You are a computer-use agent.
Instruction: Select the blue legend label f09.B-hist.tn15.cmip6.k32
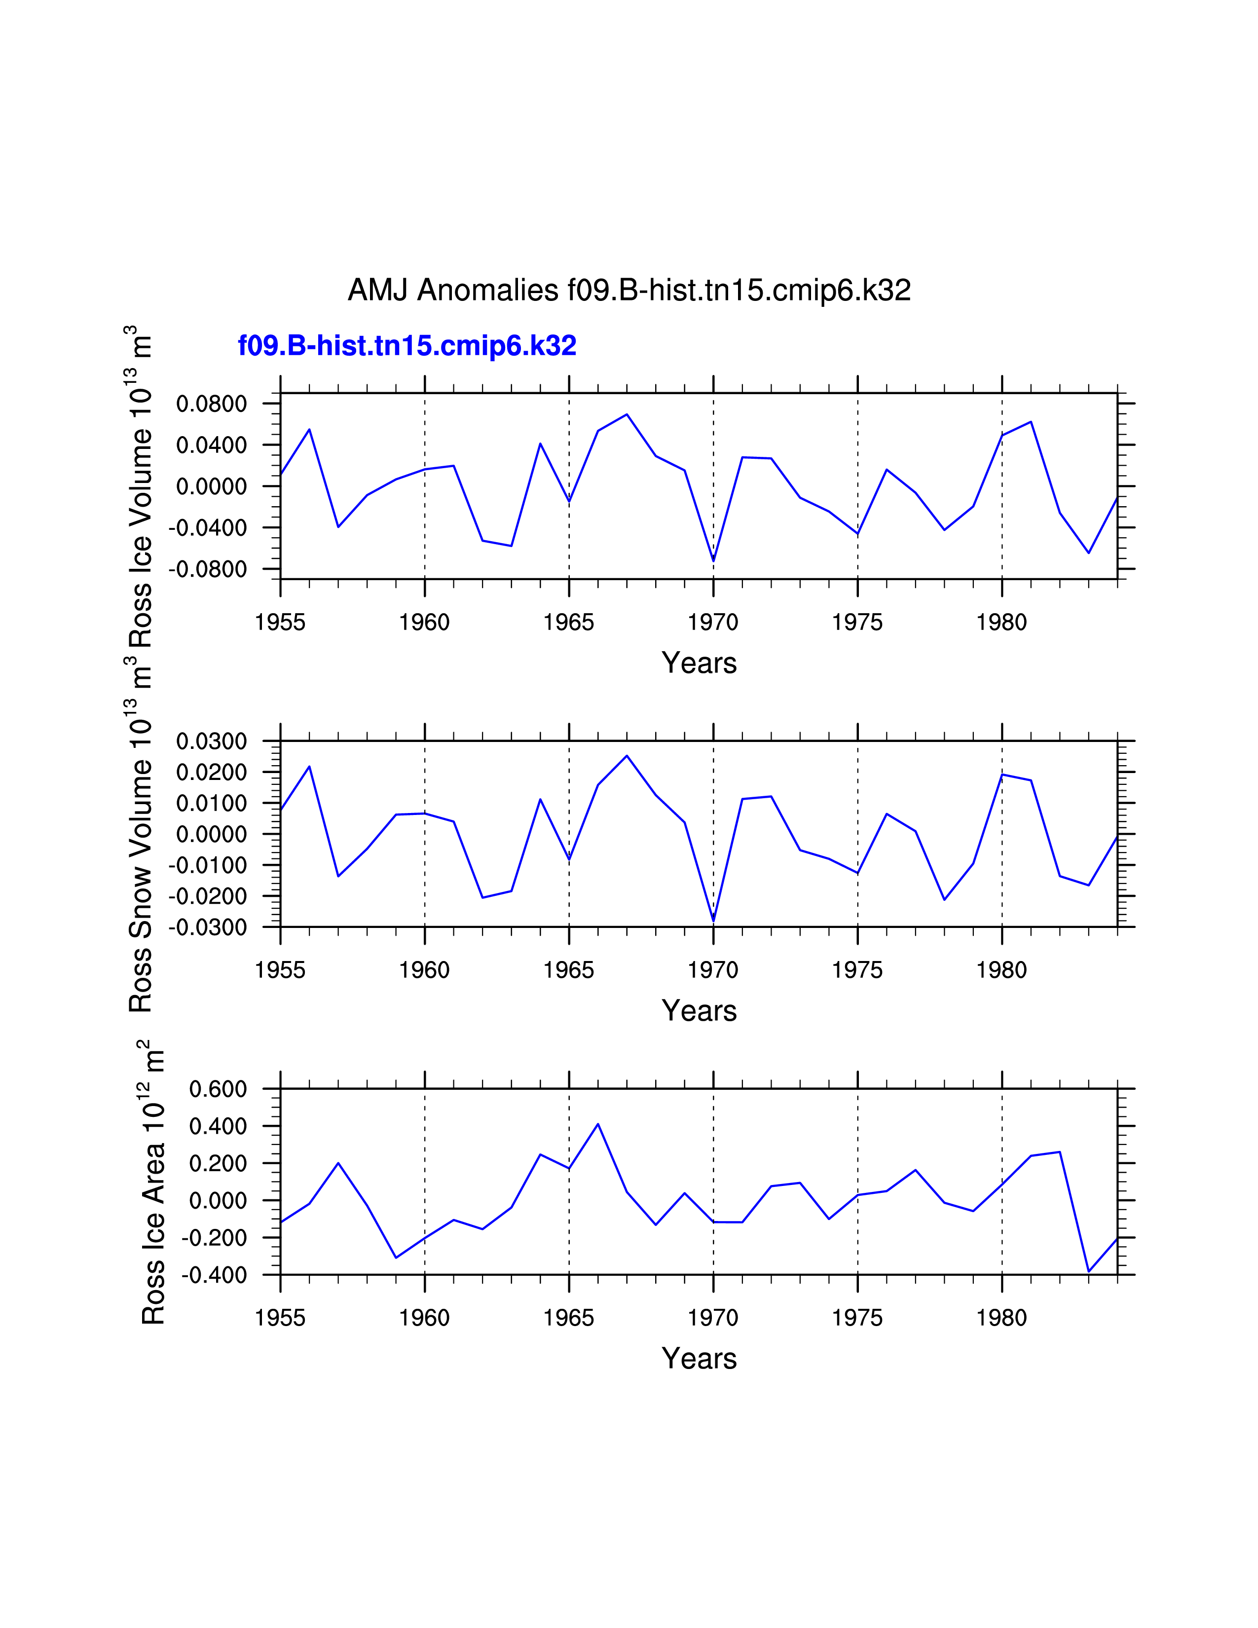pyautogui.click(x=407, y=346)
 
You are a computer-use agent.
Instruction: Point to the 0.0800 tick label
pyautogui.click(x=211, y=404)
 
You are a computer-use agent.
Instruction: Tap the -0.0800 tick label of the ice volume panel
pyautogui.click(x=207, y=569)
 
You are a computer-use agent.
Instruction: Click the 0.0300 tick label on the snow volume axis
pyautogui.click(x=211, y=741)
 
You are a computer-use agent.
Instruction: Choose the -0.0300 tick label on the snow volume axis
pyautogui.click(x=207, y=928)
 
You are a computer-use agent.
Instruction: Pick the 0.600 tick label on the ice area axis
pyautogui.click(x=218, y=1089)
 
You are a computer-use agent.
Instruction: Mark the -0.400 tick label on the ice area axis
pyautogui.click(x=214, y=1275)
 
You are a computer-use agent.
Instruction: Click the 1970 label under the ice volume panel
pyautogui.click(x=713, y=623)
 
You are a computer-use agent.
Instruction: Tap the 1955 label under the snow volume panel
pyautogui.click(x=280, y=970)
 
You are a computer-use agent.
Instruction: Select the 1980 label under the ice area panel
pyautogui.click(x=1001, y=1318)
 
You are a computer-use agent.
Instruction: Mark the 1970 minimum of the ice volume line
pyautogui.click(x=713, y=560)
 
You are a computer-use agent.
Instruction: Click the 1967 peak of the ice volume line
pyautogui.click(x=627, y=414)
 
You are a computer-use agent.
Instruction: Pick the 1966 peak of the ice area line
pyautogui.click(x=598, y=1124)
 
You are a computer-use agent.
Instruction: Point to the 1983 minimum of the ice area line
pyautogui.click(x=1088, y=1271)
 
